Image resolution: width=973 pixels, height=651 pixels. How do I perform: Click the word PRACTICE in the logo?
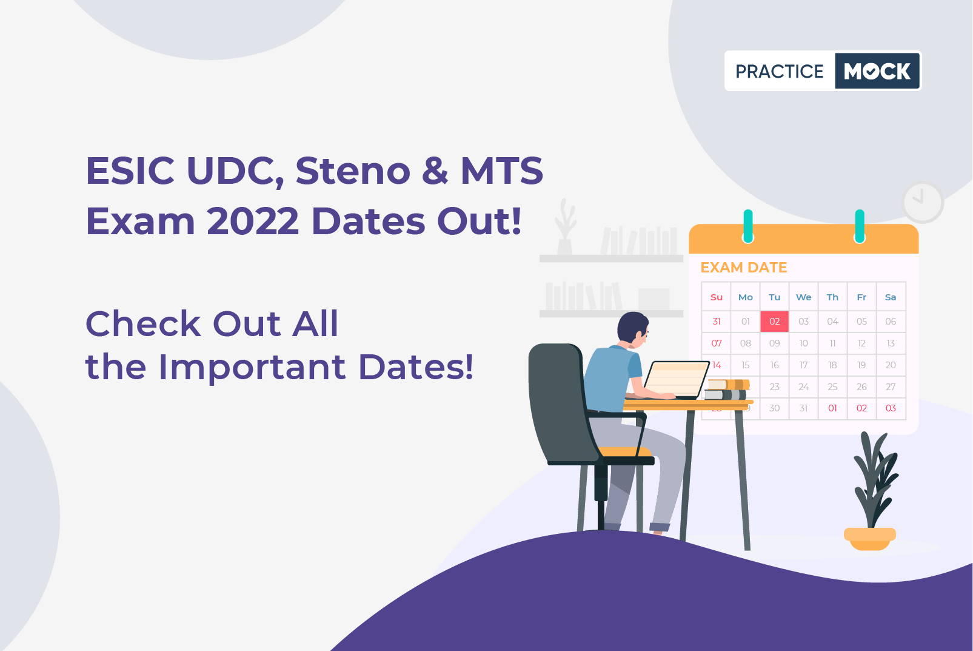(779, 71)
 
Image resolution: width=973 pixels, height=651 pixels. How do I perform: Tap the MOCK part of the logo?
(877, 71)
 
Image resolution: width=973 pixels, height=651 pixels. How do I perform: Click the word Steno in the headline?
(353, 170)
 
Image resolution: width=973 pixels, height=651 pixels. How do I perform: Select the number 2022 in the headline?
(253, 221)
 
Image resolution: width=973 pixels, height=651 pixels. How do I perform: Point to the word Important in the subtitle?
(252, 367)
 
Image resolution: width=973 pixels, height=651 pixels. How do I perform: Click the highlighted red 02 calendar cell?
(775, 322)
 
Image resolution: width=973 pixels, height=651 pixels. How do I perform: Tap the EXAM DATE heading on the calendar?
(744, 268)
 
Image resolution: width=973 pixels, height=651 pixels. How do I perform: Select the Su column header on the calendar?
(717, 297)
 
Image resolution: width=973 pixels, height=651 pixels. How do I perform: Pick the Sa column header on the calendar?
(891, 297)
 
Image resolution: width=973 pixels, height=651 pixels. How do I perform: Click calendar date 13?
(891, 343)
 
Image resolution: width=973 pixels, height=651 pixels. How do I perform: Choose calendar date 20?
(891, 365)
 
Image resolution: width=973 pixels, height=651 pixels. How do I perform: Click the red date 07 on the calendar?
(717, 343)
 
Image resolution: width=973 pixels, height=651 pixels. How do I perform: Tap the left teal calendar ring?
(748, 226)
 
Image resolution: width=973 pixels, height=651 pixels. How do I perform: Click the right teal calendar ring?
(860, 226)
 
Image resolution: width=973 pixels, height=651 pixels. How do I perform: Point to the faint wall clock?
(923, 203)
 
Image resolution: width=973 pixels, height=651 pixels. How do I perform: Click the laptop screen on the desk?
(677, 379)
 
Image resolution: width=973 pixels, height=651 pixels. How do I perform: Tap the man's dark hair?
(632, 326)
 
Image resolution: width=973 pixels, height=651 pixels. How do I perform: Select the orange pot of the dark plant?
(869, 539)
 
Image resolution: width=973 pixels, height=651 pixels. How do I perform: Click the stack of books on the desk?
(727, 390)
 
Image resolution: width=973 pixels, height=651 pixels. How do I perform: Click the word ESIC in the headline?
(130, 171)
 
